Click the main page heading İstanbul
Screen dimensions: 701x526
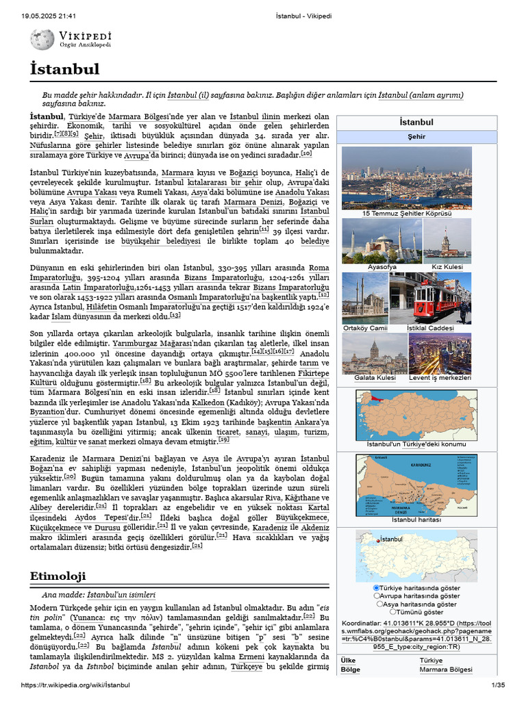point(64,69)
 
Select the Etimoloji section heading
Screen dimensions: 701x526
point(58,576)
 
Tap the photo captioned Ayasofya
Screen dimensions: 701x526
point(381,240)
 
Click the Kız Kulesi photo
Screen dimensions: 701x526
point(447,240)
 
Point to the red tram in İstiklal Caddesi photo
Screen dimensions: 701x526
point(441,302)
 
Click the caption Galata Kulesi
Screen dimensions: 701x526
point(375,378)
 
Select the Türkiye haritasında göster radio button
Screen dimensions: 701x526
point(376,588)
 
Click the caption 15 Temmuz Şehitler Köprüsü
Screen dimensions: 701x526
point(407,214)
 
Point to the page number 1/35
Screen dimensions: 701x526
point(497,686)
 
